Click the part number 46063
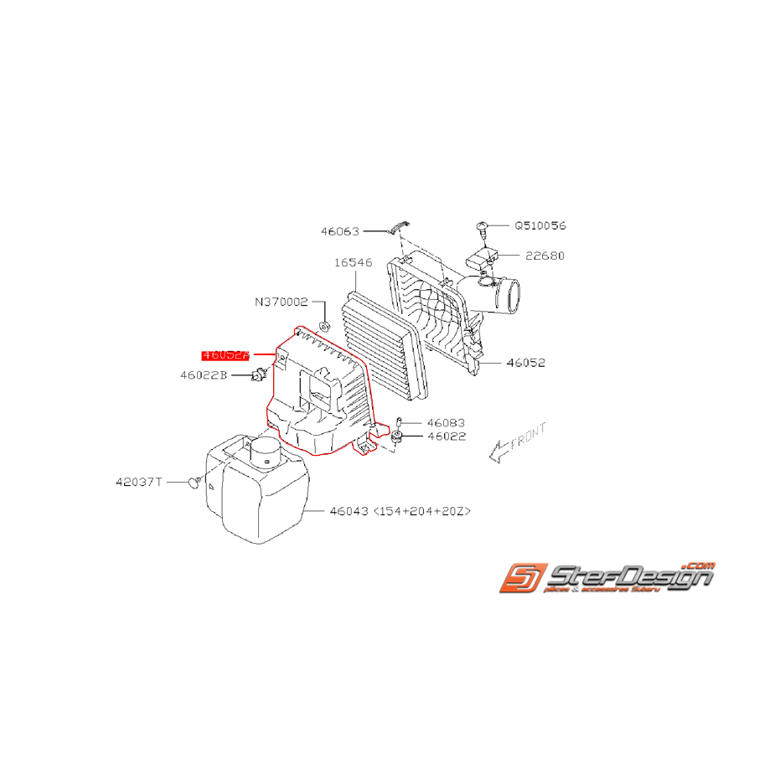coord(339,231)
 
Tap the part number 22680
coord(545,256)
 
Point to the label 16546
coord(353,262)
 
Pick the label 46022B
coord(203,375)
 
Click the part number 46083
coord(445,423)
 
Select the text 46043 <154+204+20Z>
coord(400,509)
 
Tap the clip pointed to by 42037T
coord(194,482)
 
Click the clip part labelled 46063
coord(398,228)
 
